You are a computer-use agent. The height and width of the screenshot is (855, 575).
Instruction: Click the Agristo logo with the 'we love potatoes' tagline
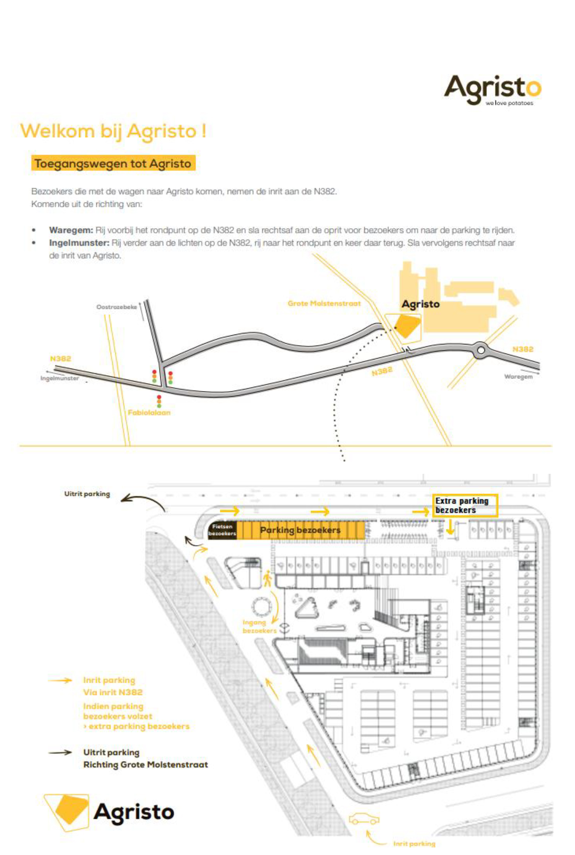tap(492, 90)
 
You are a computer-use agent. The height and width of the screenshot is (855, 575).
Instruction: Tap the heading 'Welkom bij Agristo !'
tap(113, 131)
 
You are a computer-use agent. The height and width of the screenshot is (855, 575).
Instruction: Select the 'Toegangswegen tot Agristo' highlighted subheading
tap(113, 163)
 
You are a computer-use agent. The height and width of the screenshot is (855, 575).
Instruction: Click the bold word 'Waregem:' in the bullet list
tap(71, 230)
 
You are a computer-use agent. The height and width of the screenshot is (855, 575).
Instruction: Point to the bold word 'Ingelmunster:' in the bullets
tap(79, 243)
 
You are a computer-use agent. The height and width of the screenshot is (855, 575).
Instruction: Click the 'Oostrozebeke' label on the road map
tap(116, 307)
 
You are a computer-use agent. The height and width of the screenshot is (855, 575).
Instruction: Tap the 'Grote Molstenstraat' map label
tap(324, 303)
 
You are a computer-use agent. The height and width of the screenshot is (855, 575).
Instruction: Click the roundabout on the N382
tap(481, 350)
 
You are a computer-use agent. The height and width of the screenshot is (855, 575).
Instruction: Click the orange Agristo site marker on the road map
tap(407, 326)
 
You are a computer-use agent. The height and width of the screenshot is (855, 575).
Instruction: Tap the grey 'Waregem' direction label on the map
tap(518, 376)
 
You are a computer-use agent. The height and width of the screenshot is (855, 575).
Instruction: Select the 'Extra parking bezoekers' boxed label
tap(465, 505)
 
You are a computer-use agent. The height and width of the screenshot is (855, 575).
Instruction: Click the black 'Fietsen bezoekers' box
tap(222, 530)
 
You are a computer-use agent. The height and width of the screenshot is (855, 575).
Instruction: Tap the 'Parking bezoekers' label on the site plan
tap(300, 530)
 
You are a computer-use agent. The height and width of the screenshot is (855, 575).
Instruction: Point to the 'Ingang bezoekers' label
tap(259, 627)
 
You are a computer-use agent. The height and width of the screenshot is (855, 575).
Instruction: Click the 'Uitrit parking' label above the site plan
tap(87, 494)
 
